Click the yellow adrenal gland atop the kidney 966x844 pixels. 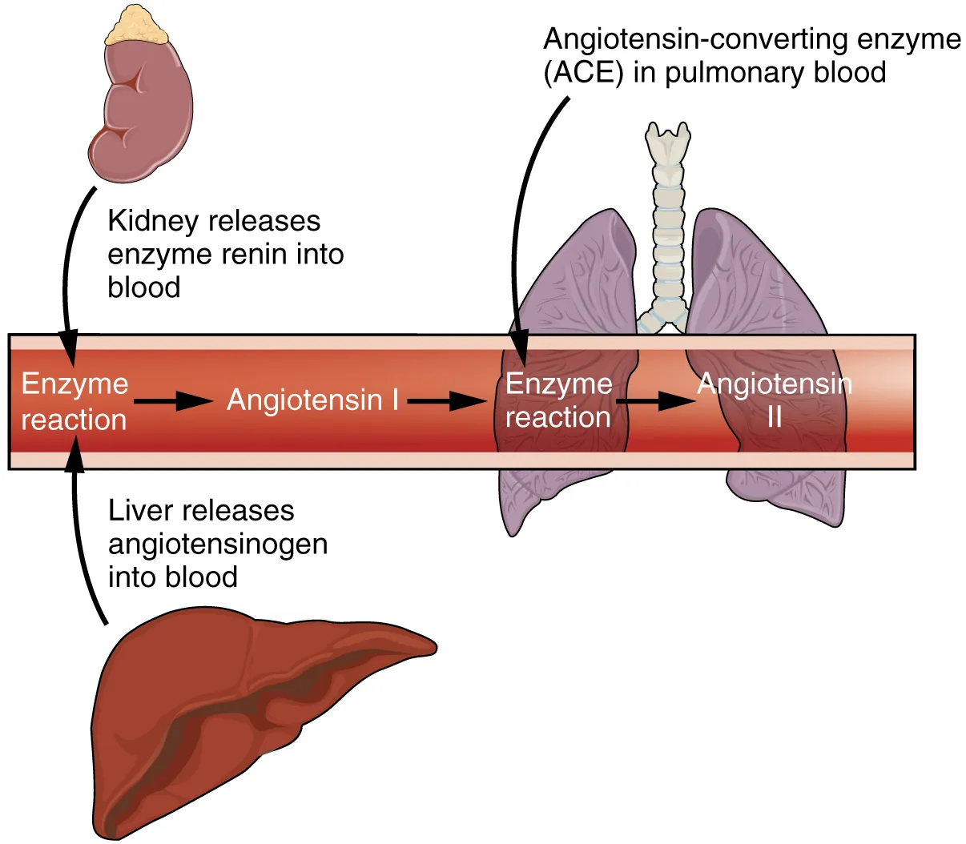138,25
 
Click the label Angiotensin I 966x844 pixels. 312,399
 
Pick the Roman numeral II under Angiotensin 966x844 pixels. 774,417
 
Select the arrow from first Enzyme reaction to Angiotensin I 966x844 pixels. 172,400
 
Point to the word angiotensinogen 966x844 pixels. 218,544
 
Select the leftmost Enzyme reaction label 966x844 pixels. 74,401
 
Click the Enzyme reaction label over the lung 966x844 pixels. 558,400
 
